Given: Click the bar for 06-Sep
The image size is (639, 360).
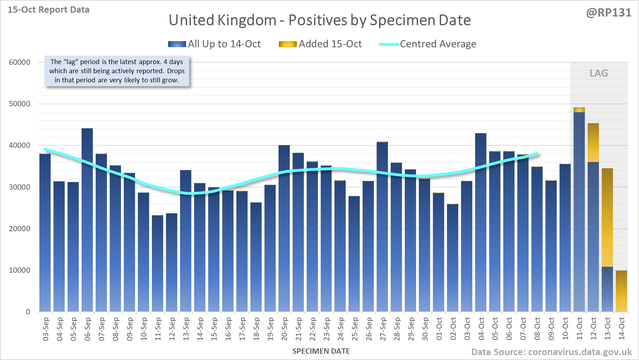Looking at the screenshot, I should (87, 220).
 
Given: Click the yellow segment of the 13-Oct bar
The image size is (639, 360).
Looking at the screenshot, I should (607, 217).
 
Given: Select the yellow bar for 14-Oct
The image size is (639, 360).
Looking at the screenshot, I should (621, 291).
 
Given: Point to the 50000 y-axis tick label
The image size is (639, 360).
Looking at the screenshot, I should (20, 104).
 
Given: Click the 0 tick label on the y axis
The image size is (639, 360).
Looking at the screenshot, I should (28, 312).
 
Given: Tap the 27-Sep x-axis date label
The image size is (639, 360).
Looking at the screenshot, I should (383, 329).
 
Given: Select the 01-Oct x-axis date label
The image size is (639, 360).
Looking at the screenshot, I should (439, 329).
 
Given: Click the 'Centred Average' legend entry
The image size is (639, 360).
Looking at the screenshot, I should (438, 44).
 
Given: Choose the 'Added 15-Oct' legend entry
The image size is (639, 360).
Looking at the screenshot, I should (330, 44).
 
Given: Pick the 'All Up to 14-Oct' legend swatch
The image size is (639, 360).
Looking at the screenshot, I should (177, 44).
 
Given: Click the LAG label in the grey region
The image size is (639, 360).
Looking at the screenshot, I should (599, 73).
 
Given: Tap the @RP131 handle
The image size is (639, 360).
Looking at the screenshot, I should (608, 13).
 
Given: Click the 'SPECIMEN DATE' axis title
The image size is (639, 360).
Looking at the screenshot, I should (321, 351).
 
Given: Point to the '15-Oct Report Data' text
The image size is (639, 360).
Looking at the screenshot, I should (49, 10).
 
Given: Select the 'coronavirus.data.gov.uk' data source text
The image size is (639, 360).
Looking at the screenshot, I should (580, 352).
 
